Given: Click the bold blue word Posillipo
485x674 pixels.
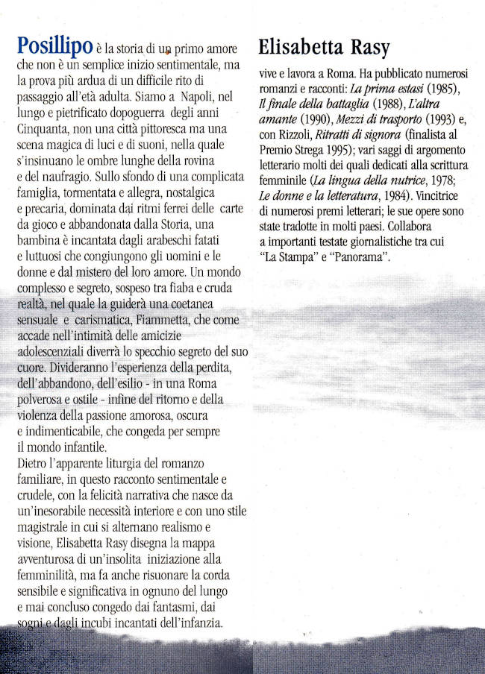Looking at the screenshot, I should [x=54, y=46].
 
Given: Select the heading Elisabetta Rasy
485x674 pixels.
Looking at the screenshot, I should [x=324, y=47].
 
